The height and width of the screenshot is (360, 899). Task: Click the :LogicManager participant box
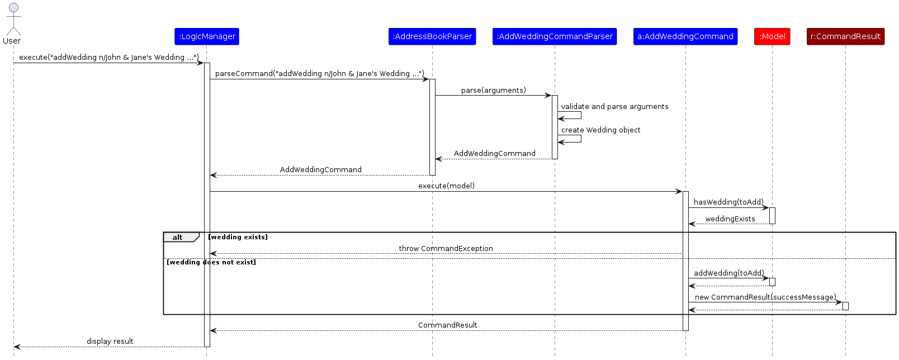coord(207,36)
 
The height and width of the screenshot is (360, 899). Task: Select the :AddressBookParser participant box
coord(432,36)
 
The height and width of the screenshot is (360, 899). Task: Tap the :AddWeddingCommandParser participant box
coord(555,36)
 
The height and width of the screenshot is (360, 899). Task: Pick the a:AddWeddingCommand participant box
coord(685,36)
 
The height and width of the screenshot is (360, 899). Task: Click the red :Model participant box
coord(772,36)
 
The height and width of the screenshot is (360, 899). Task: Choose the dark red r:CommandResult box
coord(846,36)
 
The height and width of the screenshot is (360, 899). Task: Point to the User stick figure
coord(13,19)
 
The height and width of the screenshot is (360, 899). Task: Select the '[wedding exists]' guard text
coord(238,237)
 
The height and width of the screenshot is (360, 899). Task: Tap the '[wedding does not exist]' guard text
coord(211,263)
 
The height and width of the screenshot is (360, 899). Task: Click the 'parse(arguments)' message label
coord(493,91)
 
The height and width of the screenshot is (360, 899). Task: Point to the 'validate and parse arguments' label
coord(614,106)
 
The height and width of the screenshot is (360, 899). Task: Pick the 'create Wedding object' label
coord(600,130)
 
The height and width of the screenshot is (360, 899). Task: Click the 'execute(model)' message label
coord(446,186)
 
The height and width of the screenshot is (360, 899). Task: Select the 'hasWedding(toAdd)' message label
coord(728,202)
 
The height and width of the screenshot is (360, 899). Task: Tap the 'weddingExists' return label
coord(730,219)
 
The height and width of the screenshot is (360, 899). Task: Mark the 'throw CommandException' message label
coord(446,248)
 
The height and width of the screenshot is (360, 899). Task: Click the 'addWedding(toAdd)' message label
coord(729,273)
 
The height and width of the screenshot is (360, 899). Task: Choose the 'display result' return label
coord(110,341)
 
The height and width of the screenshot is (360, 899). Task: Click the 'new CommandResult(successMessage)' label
coord(766,297)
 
